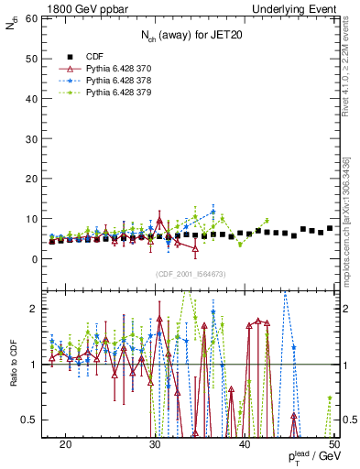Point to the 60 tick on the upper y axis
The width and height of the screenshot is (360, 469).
tap(34, 18)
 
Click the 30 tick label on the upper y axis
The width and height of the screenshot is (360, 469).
tap(34, 138)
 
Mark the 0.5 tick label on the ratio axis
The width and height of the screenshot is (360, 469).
tap(32, 420)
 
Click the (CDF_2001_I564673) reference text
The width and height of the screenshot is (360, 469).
tap(190, 274)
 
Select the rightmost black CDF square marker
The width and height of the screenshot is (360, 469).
tap(330, 228)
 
